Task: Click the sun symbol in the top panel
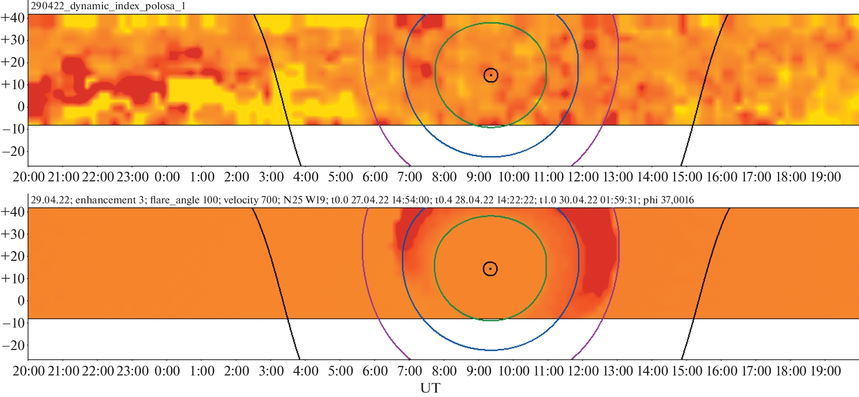[x=490, y=75]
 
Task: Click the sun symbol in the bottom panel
[x=490, y=269]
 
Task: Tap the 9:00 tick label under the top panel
[x=479, y=177]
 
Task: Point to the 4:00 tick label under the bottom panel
[x=305, y=371]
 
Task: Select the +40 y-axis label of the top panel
[x=13, y=18]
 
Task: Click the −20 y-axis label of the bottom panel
[x=13, y=345]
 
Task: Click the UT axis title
[x=430, y=388]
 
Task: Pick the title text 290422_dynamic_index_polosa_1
[x=108, y=6]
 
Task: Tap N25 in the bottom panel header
[x=292, y=200]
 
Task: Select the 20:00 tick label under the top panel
[x=29, y=177]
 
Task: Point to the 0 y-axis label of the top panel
[x=21, y=106]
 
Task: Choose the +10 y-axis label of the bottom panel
[x=13, y=278]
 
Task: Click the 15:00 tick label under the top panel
[x=687, y=177]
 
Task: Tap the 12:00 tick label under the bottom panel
[x=583, y=371]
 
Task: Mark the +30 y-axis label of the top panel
[x=13, y=40]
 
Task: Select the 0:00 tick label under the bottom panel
[x=167, y=371]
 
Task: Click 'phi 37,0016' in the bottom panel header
[x=668, y=200]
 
